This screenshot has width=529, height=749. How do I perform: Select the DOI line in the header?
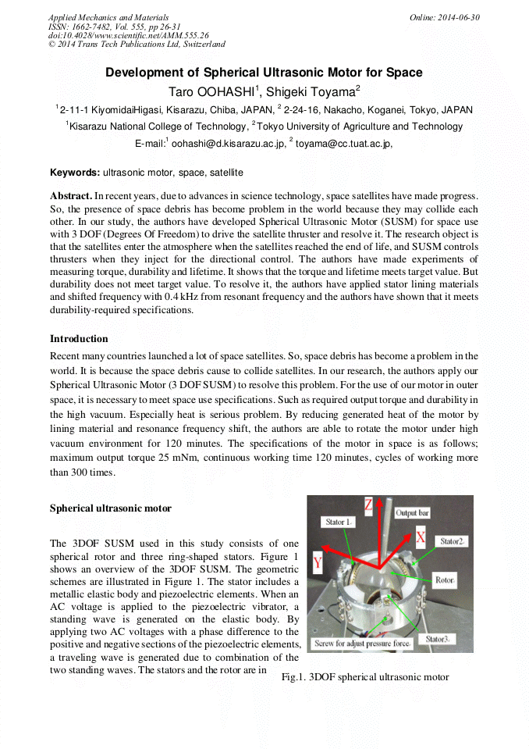[129, 35]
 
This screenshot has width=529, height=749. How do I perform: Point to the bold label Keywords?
[75, 172]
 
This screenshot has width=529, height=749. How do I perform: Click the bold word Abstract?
[71, 195]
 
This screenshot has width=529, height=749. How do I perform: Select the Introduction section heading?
[79, 339]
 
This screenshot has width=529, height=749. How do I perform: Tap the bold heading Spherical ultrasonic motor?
[111, 508]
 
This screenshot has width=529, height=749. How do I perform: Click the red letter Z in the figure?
[368, 505]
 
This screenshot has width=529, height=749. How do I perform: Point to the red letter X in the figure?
[421, 537]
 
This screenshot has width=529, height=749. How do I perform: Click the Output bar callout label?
[413, 513]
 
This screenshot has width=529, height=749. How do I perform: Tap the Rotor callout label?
[445, 581]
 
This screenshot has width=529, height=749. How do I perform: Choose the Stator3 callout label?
[438, 638]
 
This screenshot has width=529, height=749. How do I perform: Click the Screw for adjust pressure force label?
[351, 644]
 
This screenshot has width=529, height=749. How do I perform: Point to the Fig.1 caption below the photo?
[365, 677]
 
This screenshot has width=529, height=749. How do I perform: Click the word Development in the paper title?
[143, 73]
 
